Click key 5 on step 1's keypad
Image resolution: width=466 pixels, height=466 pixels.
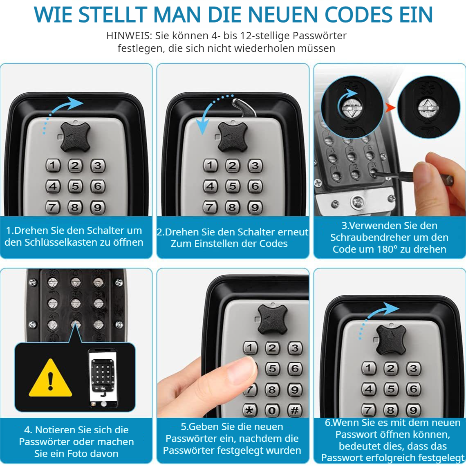tap(75, 186)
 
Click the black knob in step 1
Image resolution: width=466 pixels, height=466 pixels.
tap(75, 136)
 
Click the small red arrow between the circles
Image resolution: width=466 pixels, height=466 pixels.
tap(391, 108)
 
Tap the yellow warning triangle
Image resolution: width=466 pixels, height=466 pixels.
tap(50, 379)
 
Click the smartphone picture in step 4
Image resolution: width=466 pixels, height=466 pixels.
tap(102, 378)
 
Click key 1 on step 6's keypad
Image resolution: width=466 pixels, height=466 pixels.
tap(369, 368)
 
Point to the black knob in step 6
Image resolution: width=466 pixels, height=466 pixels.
tap(391, 339)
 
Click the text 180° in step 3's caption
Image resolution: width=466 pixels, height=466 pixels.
tap(382, 249)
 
